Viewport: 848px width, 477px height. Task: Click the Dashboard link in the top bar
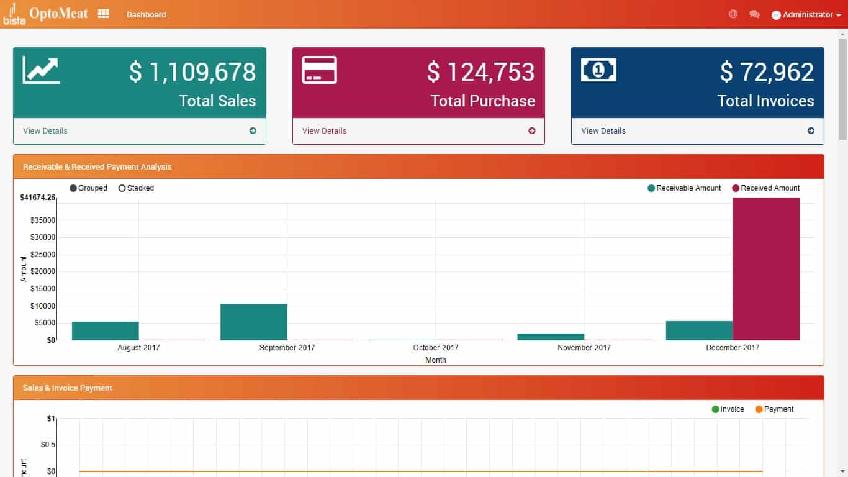[146, 14]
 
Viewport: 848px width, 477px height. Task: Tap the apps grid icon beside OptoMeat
[104, 14]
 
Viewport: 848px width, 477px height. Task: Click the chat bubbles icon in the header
[754, 14]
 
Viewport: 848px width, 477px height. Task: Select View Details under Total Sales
[45, 130]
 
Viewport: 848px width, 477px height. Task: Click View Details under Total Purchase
[325, 130]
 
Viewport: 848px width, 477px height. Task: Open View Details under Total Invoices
[603, 130]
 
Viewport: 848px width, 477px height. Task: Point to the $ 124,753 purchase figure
[480, 72]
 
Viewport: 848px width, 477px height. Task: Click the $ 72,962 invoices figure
[767, 72]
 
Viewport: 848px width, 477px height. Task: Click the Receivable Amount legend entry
[684, 188]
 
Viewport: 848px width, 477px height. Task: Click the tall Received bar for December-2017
[766, 268]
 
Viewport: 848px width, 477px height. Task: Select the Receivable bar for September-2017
[254, 322]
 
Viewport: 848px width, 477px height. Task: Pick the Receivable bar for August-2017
[105, 330]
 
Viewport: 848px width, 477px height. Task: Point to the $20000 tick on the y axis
[43, 271]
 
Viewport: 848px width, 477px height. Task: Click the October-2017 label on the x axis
[435, 348]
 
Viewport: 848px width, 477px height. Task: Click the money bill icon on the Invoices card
[598, 70]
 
